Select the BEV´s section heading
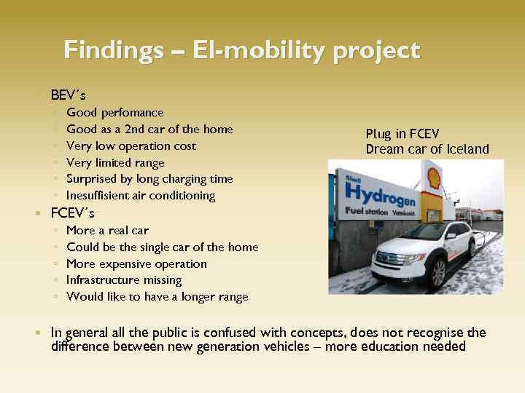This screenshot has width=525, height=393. (69, 95)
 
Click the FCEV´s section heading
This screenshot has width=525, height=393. (72, 213)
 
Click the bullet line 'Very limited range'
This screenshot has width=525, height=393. (115, 162)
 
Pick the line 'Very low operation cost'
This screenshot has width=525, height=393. (131, 146)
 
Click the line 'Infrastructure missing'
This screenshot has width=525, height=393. (123, 279)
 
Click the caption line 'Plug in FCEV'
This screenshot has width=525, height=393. (402, 133)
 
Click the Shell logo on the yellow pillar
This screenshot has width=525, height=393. (433, 175)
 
